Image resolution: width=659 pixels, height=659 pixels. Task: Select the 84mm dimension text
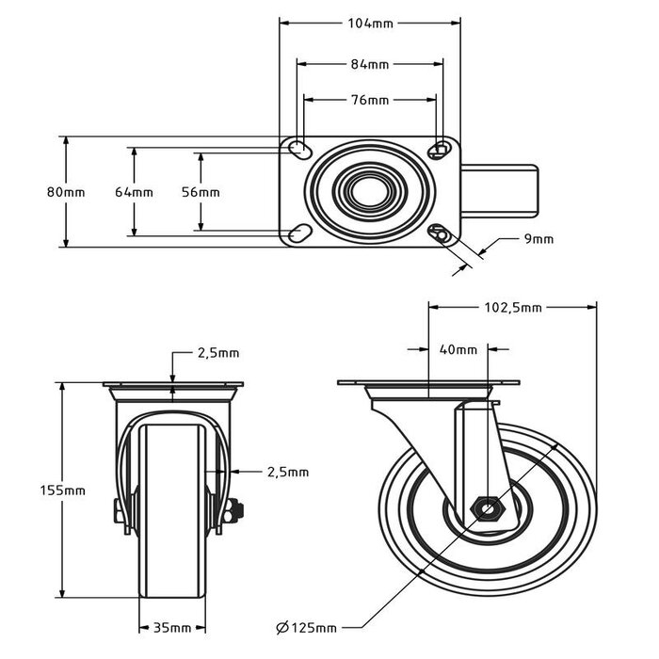370,64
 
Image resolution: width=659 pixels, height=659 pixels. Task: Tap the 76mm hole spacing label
370,100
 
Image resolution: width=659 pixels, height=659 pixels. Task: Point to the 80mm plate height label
66,192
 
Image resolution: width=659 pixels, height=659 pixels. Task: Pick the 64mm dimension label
134,192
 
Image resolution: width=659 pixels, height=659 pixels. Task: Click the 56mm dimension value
201,192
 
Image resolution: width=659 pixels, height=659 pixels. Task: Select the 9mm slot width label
538,239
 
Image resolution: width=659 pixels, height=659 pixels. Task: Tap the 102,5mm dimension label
513,307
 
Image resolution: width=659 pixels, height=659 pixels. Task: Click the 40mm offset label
458,350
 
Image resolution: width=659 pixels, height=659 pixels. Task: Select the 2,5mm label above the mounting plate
217,353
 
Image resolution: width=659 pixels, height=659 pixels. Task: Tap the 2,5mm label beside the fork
287,472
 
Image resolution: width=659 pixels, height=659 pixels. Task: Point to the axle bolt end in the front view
235,511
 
